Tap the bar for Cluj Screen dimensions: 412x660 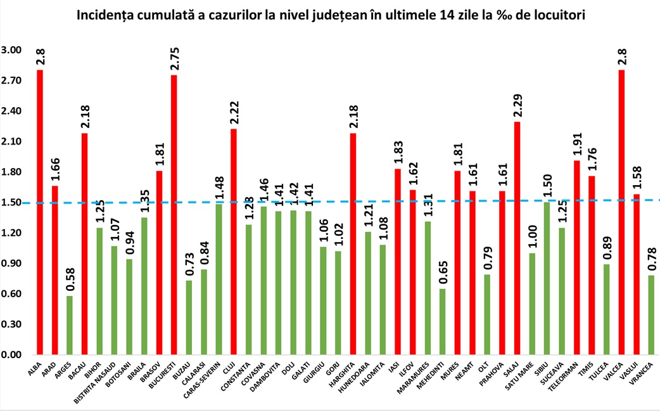click(x=234, y=241)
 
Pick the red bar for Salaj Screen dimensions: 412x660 click(x=517, y=238)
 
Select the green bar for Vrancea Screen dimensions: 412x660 click(x=652, y=314)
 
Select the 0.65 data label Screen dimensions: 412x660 click(x=443, y=273)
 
